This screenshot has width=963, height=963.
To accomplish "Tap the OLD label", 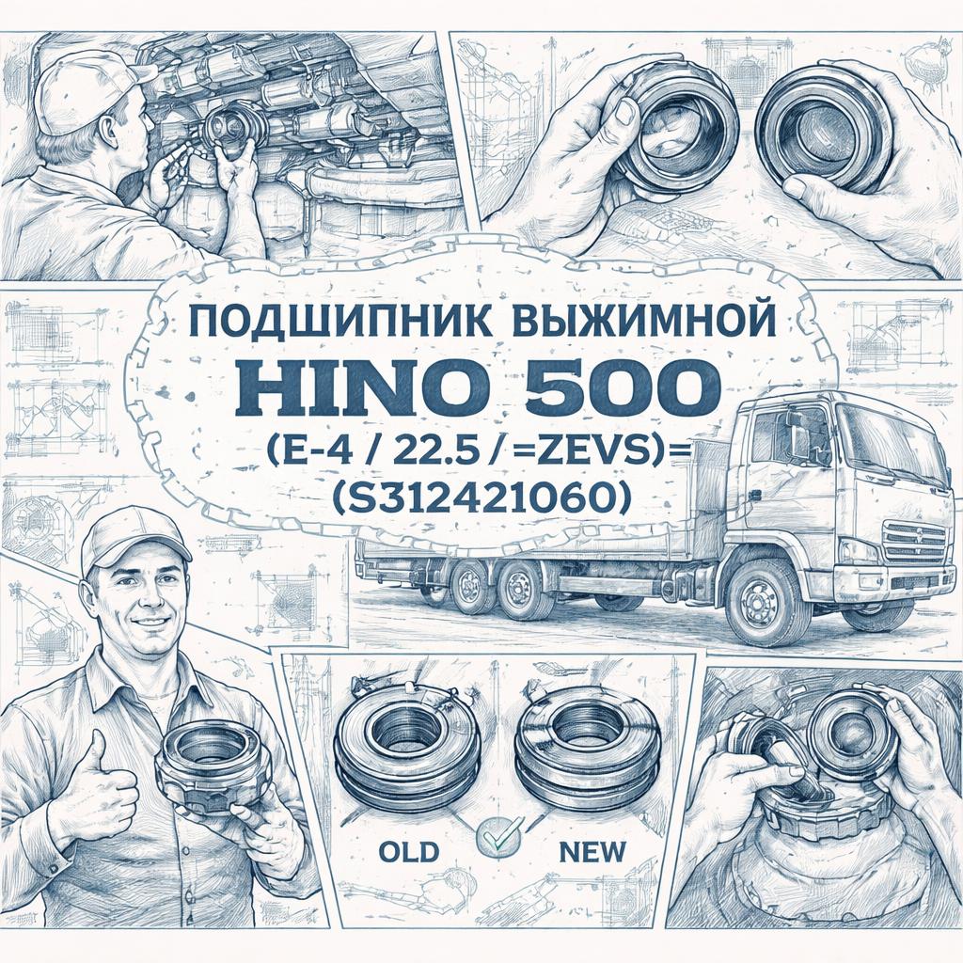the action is tap(409, 852).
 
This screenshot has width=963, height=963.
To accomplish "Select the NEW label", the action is tap(592, 852).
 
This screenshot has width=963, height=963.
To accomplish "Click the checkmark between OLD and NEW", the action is tap(499, 833).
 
